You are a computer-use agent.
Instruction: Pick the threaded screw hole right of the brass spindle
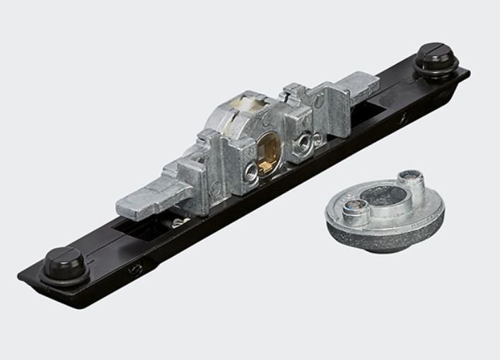pos(304,144)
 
